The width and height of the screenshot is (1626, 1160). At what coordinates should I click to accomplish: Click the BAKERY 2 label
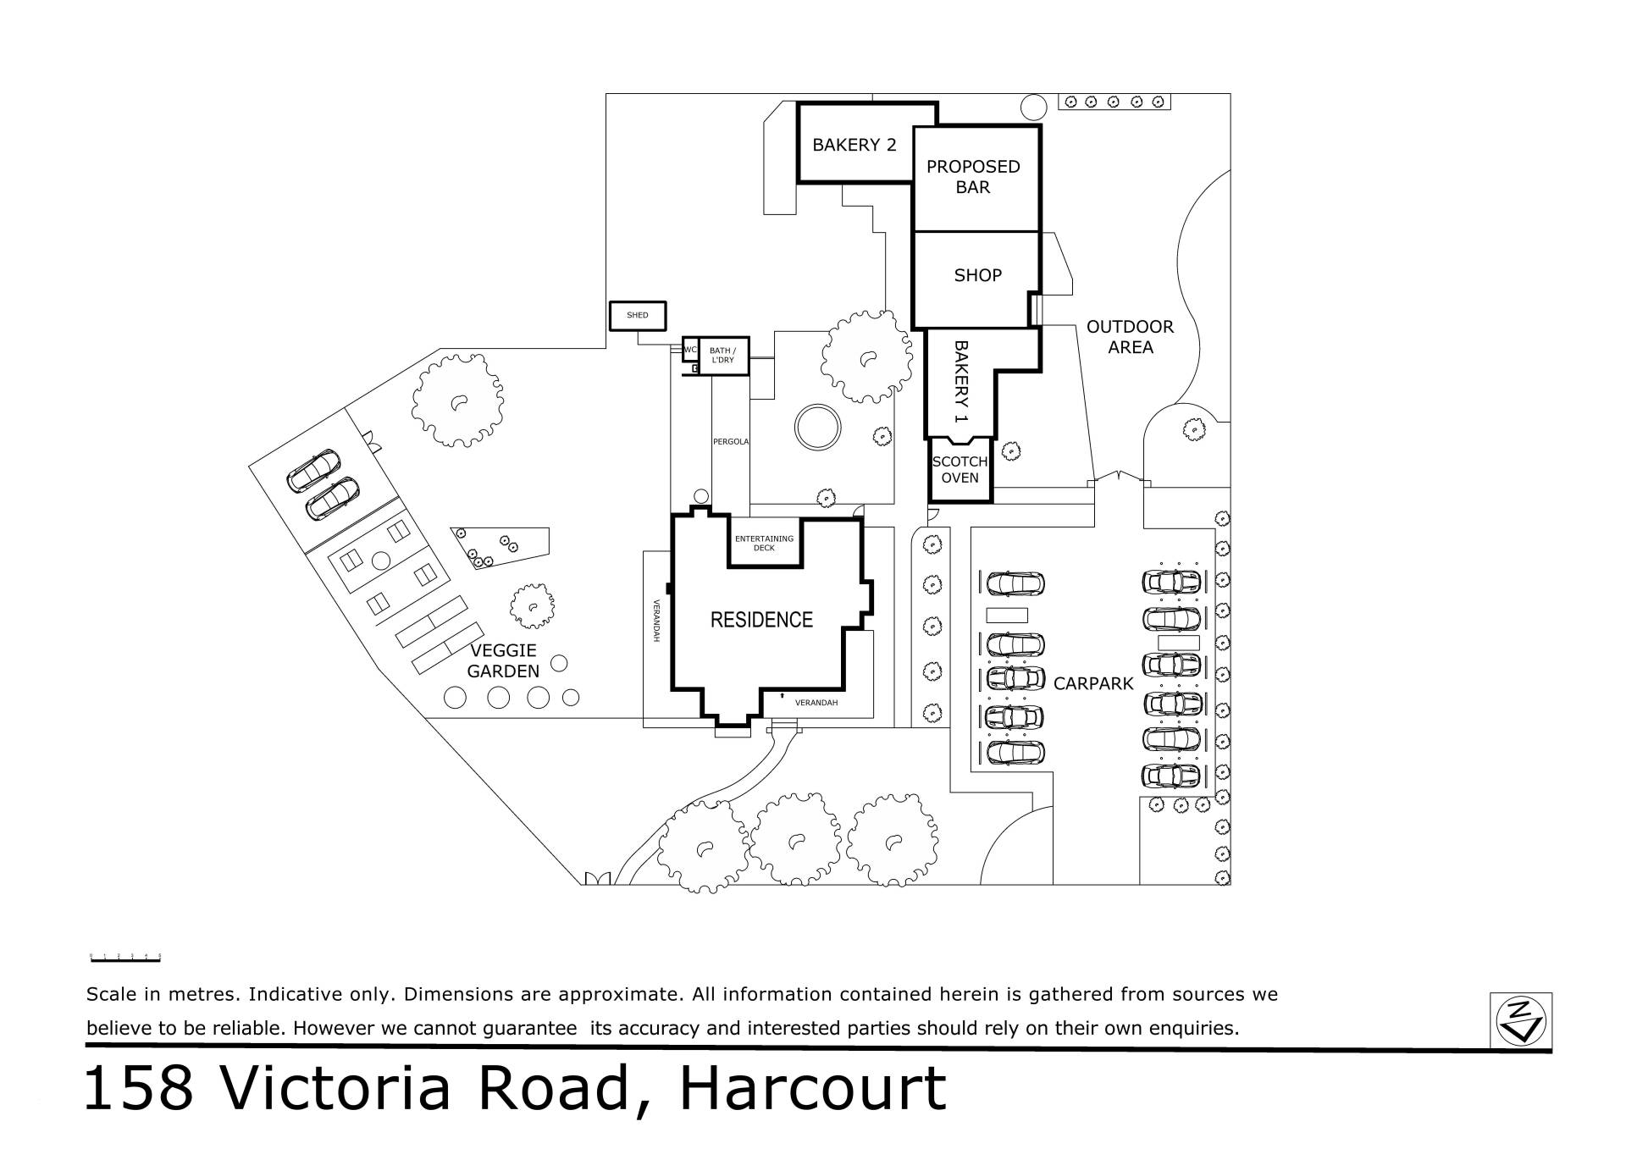pos(854,145)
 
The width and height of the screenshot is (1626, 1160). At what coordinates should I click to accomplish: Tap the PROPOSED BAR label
pos(973,177)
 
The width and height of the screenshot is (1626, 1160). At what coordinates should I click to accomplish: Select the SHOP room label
pos(977,275)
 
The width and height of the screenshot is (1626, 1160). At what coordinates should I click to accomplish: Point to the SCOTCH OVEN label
pos(960,470)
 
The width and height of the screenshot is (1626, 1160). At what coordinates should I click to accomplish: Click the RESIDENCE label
pos(761,620)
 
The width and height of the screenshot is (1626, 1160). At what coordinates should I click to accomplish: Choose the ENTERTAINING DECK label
pos(764,543)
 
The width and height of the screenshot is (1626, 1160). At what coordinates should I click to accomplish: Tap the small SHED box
pos(638,316)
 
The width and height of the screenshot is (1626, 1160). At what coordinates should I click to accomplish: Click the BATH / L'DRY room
pos(723,356)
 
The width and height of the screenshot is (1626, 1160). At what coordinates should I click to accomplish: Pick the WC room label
pos(690,349)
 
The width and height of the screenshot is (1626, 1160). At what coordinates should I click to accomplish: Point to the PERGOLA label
pos(731,441)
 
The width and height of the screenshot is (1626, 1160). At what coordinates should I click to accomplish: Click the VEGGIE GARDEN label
pos(503,661)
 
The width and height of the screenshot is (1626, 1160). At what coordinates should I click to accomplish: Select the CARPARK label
pos(1093,683)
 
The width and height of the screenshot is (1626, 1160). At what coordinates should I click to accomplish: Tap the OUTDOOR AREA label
pos(1131,337)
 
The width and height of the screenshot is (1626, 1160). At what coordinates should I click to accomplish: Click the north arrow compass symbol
pos(1521,1021)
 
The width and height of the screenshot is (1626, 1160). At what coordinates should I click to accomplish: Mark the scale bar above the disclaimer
pos(125,958)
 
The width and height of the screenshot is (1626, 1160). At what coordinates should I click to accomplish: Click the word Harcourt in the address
pos(813,1088)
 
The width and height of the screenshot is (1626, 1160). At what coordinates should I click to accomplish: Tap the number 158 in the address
pos(140,1088)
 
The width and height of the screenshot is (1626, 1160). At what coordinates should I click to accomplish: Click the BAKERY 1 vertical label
pos(960,382)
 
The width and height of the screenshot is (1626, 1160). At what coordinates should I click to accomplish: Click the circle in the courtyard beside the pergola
pos(818,428)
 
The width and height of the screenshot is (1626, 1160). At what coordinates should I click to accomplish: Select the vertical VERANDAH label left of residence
pos(656,621)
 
